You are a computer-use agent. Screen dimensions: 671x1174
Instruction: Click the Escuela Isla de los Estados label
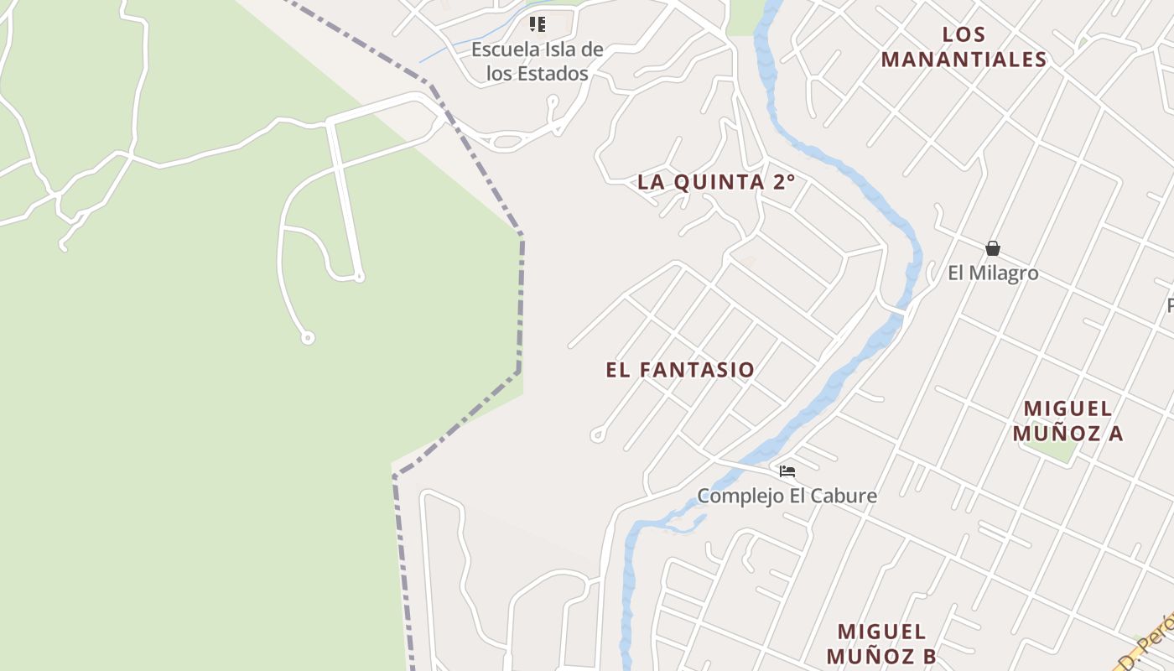pos(537,61)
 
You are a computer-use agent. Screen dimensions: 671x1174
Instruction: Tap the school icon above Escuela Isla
pos(538,24)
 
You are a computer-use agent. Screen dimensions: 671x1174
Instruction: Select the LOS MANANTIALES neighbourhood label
pos(964,47)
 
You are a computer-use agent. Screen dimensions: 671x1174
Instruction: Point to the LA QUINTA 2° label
pos(715,182)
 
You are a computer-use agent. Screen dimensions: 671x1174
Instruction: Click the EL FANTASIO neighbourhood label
pos(680,370)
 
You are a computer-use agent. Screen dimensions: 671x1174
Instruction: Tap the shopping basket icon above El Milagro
pos(993,248)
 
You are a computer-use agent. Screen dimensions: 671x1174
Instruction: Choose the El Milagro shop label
pos(993,273)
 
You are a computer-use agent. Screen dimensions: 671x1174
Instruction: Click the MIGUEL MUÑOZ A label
pos(1068,421)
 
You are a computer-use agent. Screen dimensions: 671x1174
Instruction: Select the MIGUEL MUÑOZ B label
pos(880,643)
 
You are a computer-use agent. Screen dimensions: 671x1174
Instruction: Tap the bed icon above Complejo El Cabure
pos(787,471)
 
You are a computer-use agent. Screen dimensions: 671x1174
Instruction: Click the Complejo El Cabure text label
pos(787,496)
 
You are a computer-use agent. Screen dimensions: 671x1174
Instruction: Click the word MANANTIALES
pos(964,60)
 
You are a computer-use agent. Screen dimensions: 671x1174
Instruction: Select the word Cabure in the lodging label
pos(845,496)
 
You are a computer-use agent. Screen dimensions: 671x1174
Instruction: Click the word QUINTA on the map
pos(719,182)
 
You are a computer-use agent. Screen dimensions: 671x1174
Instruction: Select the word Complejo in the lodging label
pos(733,496)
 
